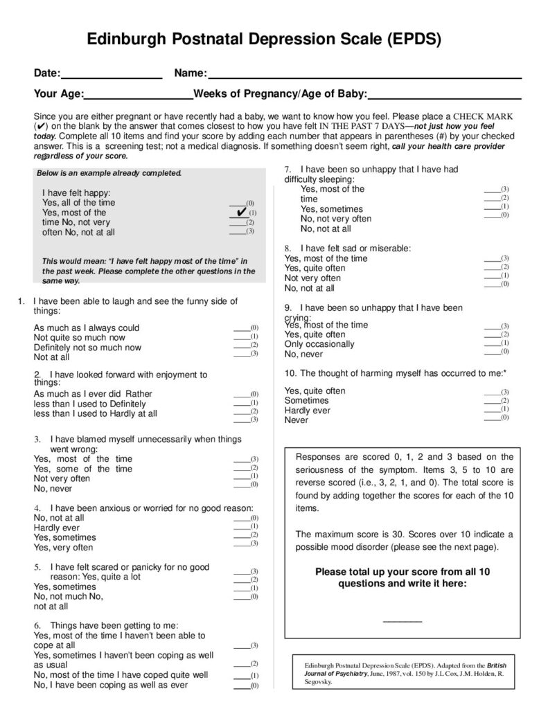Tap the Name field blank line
[x=364, y=78]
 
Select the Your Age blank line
[x=139, y=98]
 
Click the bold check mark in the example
[x=241, y=210]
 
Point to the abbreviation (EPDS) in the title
[x=415, y=40]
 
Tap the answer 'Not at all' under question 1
[x=52, y=357]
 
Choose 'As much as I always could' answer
[x=87, y=327]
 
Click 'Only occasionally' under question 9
[x=319, y=344]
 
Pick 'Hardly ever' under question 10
[x=308, y=410]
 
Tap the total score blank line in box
[x=402, y=620]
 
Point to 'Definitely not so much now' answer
[x=87, y=348]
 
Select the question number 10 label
[x=290, y=373]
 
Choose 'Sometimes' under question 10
[x=307, y=400]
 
